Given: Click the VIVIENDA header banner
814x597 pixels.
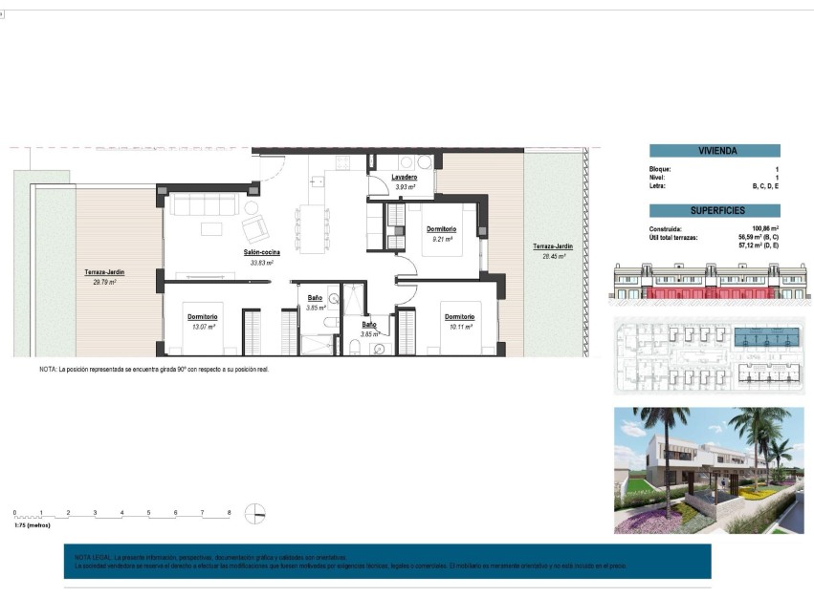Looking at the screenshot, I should (715, 151).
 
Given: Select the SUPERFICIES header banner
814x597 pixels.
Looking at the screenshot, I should (715, 210).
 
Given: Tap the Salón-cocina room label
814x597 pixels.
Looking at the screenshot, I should (261, 253).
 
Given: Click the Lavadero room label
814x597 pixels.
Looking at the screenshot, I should (404, 178).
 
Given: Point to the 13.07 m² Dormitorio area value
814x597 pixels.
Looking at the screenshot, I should (203, 327).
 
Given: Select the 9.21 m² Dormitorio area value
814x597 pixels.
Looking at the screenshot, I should (441, 239).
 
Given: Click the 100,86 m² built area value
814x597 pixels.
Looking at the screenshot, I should (765, 229).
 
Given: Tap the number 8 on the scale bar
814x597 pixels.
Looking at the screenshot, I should (229, 513).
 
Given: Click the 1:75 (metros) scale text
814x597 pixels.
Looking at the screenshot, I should (32, 525).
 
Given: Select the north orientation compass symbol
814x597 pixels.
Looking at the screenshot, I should (254, 514).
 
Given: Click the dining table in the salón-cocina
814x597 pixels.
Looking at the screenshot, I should (310, 228).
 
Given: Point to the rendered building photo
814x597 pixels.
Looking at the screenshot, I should (708, 470).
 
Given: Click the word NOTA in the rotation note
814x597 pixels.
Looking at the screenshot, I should (48, 369).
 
